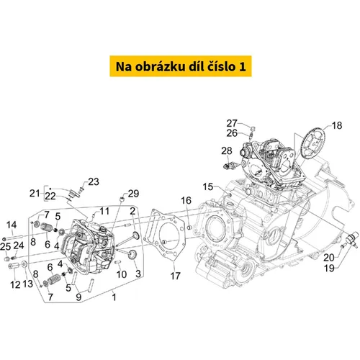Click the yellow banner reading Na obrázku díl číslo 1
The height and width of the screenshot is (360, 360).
coord(181,66)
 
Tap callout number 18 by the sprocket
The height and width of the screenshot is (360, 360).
coord(337,125)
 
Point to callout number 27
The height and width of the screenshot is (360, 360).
coord(232,123)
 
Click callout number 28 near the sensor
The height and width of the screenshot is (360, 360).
coord(227,150)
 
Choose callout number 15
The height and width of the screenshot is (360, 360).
coord(208,186)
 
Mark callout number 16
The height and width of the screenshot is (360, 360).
coord(186,200)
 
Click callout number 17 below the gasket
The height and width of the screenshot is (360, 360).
coord(175,276)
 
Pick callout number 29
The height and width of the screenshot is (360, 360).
coord(133,194)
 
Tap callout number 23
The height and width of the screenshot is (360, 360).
coord(94,181)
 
